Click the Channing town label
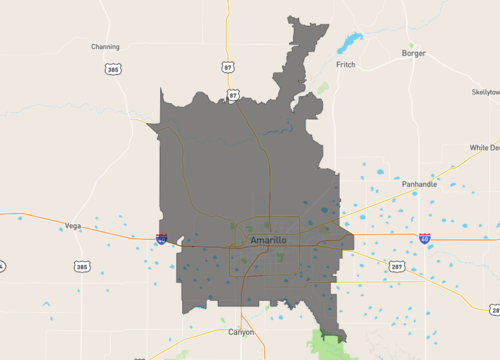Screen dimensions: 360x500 105,46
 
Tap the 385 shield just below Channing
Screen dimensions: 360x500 113,69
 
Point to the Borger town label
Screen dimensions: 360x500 413,53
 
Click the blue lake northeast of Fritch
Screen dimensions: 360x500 350,43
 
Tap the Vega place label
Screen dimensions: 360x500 72,226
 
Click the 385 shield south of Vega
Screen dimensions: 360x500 82,266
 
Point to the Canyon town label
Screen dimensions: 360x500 241,331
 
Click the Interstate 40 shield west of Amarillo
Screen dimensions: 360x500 161,239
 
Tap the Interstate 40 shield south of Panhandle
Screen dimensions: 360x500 425,239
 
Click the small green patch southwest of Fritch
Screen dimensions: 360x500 323,87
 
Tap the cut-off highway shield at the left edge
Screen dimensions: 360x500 2,266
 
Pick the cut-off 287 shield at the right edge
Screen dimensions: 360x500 495,311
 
